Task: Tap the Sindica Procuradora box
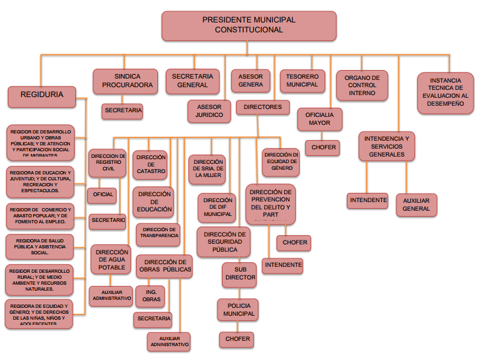point(126,81)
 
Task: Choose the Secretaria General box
point(193,81)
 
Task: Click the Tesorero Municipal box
point(302,81)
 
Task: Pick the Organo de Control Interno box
point(362,85)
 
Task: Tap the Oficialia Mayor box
point(319,119)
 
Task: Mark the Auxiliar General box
point(416,204)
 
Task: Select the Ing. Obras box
point(150,297)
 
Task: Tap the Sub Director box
point(239,273)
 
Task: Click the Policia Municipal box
point(237,309)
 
